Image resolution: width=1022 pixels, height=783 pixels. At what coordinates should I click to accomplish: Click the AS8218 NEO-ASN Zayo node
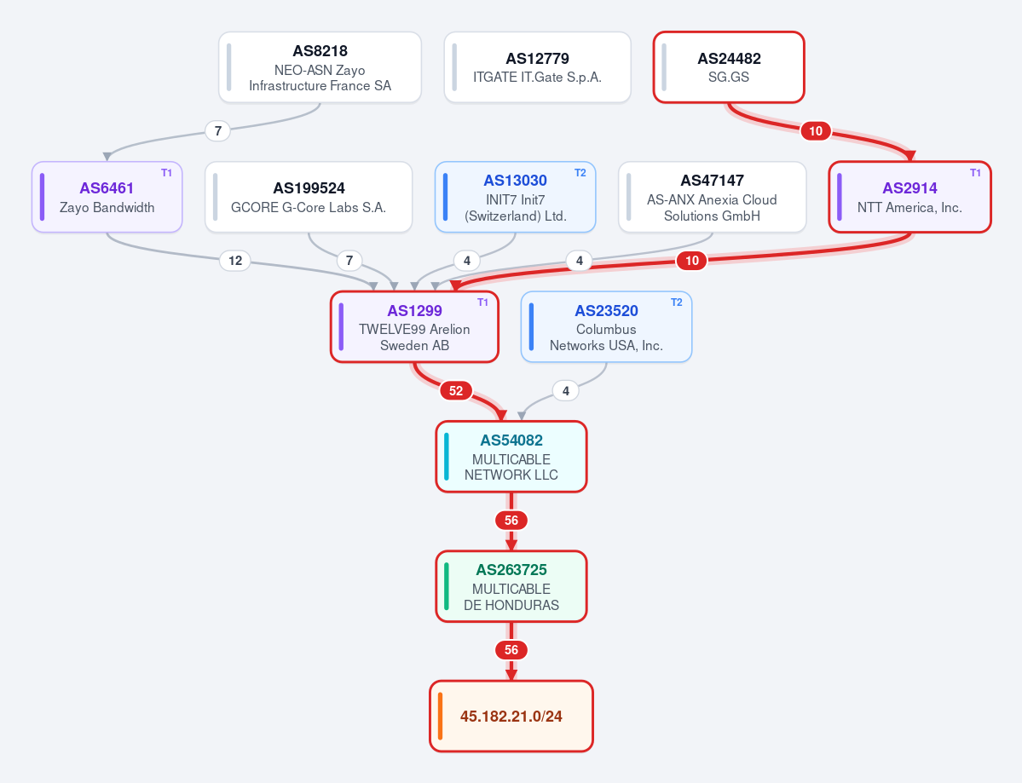point(320,67)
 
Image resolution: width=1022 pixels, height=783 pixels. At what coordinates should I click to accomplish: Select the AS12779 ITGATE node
point(538,67)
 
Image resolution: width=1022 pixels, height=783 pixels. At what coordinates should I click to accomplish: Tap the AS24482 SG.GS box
point(729,67)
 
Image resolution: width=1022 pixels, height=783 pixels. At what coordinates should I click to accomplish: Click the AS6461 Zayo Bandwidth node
point(107,197)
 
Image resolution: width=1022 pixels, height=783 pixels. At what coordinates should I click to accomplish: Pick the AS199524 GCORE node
point(309,197)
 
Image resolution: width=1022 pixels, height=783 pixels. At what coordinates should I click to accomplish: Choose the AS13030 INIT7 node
point(516,197)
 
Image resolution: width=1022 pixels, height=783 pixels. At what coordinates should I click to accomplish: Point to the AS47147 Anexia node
point(713,197)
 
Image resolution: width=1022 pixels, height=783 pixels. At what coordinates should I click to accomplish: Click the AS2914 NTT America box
point(909,197)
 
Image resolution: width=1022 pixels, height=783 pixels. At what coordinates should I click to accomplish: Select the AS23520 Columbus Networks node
point(606,326)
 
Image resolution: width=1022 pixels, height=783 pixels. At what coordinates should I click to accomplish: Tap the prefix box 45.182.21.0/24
point(511,716)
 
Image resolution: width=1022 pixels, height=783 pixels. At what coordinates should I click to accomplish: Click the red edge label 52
point(456,391)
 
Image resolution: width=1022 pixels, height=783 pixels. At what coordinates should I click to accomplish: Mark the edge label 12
point(235,261)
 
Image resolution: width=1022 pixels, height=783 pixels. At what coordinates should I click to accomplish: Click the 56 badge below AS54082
point(511,521)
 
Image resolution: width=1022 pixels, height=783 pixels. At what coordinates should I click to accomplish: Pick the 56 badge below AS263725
point(511,650)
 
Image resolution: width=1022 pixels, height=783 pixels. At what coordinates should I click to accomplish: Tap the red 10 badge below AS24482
point(816,131)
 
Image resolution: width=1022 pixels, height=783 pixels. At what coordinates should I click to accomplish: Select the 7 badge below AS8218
point(217,131)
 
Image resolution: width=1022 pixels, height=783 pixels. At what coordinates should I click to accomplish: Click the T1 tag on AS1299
point(483,302)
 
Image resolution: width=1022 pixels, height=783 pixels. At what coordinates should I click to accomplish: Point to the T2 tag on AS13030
point(580,173)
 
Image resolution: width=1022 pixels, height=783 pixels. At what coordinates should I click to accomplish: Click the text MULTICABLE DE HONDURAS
point(511,596)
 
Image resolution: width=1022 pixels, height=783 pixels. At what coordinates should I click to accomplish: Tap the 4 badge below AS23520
point(566,391)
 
